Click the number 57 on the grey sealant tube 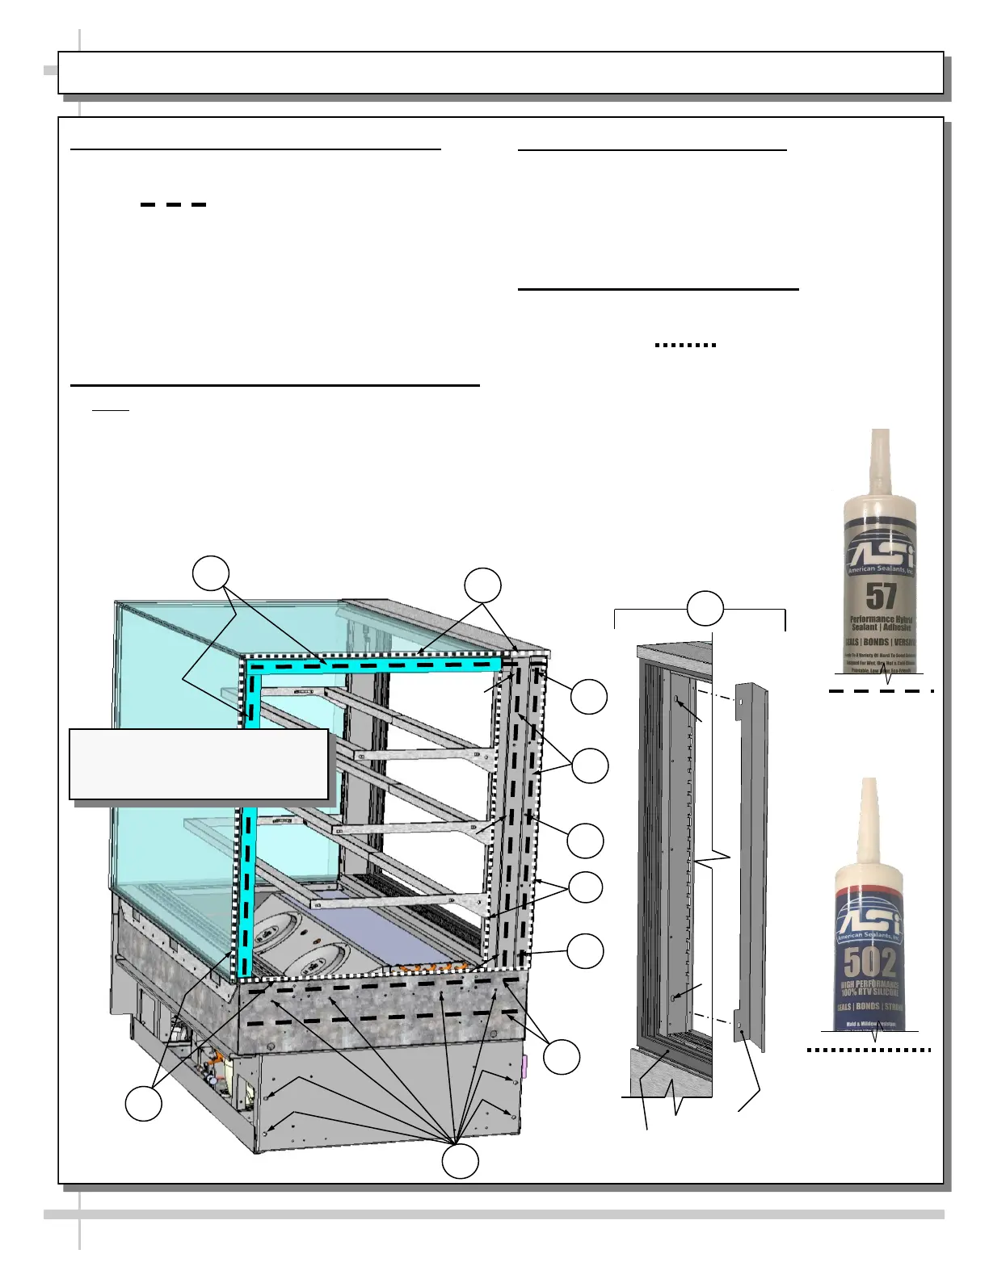[x=881, y=597]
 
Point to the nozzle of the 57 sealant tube [x=880, y=460]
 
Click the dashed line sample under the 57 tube [x=881, y=691]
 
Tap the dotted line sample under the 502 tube [x=869, y=1050]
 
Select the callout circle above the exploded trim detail [x=705, y=607]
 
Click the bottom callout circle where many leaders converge [x=461, y=1160]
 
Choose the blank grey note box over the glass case [x=199, y=764]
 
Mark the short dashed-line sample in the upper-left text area [x=173, y=205]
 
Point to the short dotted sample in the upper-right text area [x=685, y=345]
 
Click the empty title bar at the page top [x=500, y=73]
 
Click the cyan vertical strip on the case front [x=250, y=816]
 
